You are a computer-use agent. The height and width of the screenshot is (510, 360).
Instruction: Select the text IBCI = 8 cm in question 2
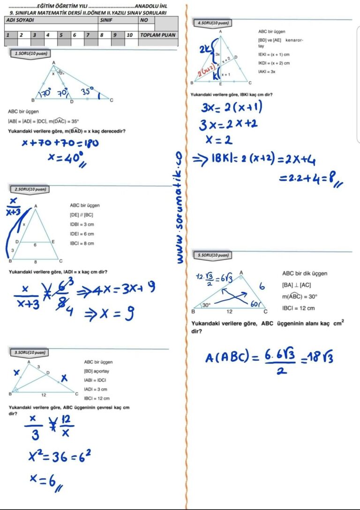pos(82,243)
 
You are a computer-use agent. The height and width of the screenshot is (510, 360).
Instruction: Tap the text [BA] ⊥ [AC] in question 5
pos(296,285)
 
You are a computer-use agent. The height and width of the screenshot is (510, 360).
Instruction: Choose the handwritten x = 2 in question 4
pos(219,139)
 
